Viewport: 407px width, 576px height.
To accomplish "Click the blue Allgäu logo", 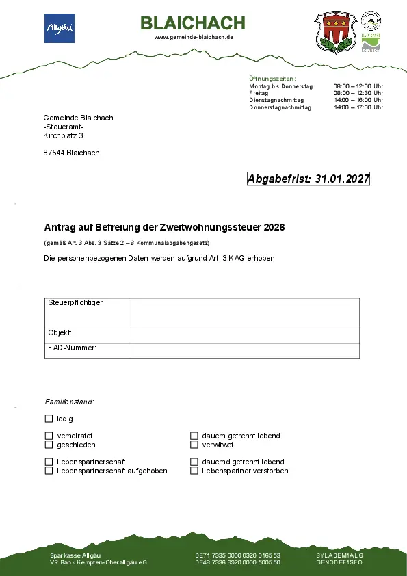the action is coord(60,28).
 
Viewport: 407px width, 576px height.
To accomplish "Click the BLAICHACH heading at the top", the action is coord(193,23).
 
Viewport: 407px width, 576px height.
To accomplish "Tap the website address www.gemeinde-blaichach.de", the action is coord(194,37).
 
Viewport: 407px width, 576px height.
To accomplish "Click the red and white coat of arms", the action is coord(336,31).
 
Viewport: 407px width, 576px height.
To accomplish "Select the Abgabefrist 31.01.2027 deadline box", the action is coord(308,179).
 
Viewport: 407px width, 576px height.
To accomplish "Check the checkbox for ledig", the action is coord(49,419).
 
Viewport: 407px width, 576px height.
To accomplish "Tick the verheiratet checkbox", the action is coord(49,436).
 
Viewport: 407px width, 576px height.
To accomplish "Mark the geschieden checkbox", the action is coord(49,445).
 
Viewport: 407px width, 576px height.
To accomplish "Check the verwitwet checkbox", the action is coord(194,445).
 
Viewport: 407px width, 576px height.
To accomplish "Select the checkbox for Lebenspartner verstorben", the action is coord(194,471).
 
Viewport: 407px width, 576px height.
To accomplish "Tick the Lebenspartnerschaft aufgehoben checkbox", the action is coord(49,471).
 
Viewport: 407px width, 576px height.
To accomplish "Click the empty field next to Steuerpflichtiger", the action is coord(244,313).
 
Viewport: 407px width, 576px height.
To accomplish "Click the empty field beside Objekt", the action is coord(244,335).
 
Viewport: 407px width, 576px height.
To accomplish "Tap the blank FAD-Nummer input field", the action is coord(244,350).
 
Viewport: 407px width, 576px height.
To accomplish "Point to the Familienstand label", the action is coord(69,402).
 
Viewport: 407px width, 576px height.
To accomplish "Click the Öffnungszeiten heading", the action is coord(272,79).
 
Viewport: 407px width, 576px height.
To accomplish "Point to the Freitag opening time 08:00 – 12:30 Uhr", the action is coord(358,93).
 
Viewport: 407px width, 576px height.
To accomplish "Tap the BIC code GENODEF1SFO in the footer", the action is coord(339,562).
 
